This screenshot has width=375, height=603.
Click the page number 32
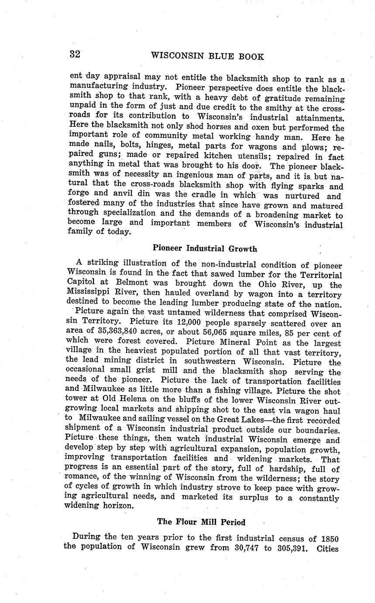[75, 54]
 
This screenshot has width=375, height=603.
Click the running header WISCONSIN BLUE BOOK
[207, 56]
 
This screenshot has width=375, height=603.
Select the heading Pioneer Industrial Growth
[205, 249]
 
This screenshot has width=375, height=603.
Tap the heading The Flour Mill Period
[201, 522]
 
